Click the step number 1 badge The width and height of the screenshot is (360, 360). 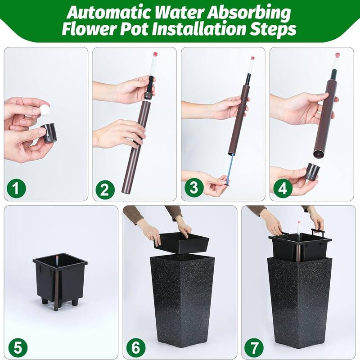point(16,189)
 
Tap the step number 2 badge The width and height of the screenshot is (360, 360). point(104,189)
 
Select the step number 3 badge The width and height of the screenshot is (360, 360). point(193,189)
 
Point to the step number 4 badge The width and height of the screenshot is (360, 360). point(282,189)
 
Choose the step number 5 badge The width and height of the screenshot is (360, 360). point(17,347)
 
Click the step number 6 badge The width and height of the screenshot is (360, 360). point(135,347)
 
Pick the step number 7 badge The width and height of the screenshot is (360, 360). point(254,347)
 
